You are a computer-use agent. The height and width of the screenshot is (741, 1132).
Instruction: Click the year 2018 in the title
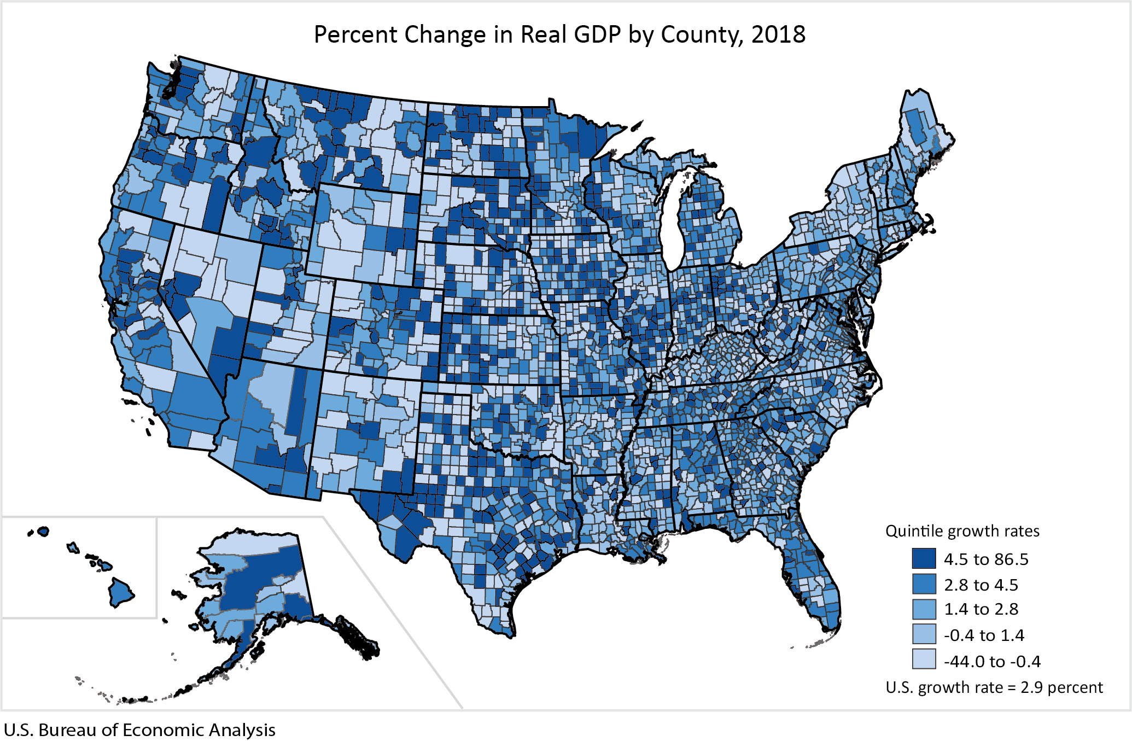pyautogui.click(x=778, y=34)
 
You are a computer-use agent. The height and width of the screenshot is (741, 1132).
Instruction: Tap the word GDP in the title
pyautogui.click(x=597, y=34)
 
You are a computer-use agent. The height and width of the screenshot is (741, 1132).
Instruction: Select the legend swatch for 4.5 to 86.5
pyautogui.click(x=924, y=558)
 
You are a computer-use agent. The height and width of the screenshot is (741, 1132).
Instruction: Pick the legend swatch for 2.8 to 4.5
pyautogui.click(x=924, y=584)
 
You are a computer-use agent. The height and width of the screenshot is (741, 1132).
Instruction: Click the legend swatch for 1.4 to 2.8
pyautogui.click(x=924, y=609)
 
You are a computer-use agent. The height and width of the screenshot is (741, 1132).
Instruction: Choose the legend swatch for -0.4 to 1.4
pyautogui.click(x=924, y=634)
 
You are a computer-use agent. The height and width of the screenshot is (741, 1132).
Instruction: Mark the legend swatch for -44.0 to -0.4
pyautogui.click(x=924, y=660)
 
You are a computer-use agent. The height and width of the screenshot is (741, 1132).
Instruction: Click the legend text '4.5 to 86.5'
pyautogui.click(x=986, y=559)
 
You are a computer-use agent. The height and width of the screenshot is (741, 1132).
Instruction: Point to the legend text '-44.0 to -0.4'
pyautogui.click(x=992, y=661)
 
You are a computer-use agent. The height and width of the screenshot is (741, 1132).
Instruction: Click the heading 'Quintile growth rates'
pyautogui.click(x=962, y=531)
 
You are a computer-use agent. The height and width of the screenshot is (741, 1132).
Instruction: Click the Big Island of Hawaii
pyautogui.click(x=120, y=592)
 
